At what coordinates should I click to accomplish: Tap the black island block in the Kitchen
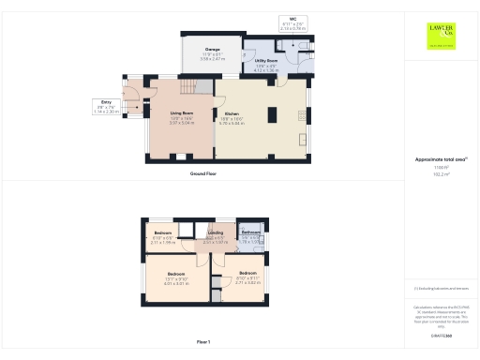click(x=271, y=116)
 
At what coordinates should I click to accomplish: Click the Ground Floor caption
click(x=203, y=175)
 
